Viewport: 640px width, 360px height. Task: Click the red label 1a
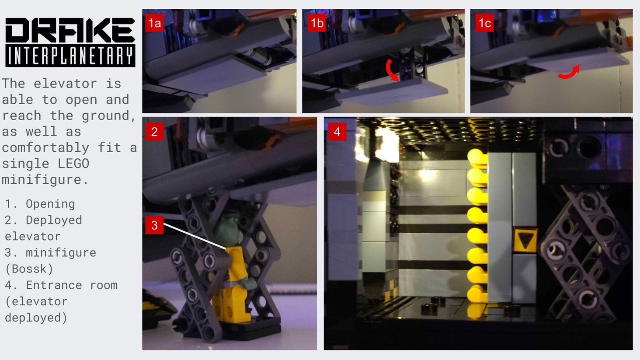pos(154,23)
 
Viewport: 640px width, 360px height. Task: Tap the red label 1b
pos(317,23)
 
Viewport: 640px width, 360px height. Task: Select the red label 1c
pos(484,23)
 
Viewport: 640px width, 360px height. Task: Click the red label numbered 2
pos(154,132)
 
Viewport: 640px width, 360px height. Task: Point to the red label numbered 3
pos(154,225)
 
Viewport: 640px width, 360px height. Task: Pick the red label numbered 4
pos(337,132)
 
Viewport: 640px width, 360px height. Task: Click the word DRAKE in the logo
pos(70,30)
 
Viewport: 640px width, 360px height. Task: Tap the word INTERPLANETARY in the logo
pos(70,56)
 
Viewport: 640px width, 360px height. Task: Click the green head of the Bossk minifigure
pos(227,231)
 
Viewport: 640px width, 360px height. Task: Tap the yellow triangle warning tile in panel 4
pos(525,240)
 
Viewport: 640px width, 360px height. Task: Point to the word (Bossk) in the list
pos(29,269)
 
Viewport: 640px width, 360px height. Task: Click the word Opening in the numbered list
pos(50,204)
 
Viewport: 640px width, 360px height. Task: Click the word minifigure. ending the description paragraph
pos(45,180)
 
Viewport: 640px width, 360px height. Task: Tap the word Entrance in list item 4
pos(54,285)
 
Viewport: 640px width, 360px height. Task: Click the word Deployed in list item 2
pos(54,220)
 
